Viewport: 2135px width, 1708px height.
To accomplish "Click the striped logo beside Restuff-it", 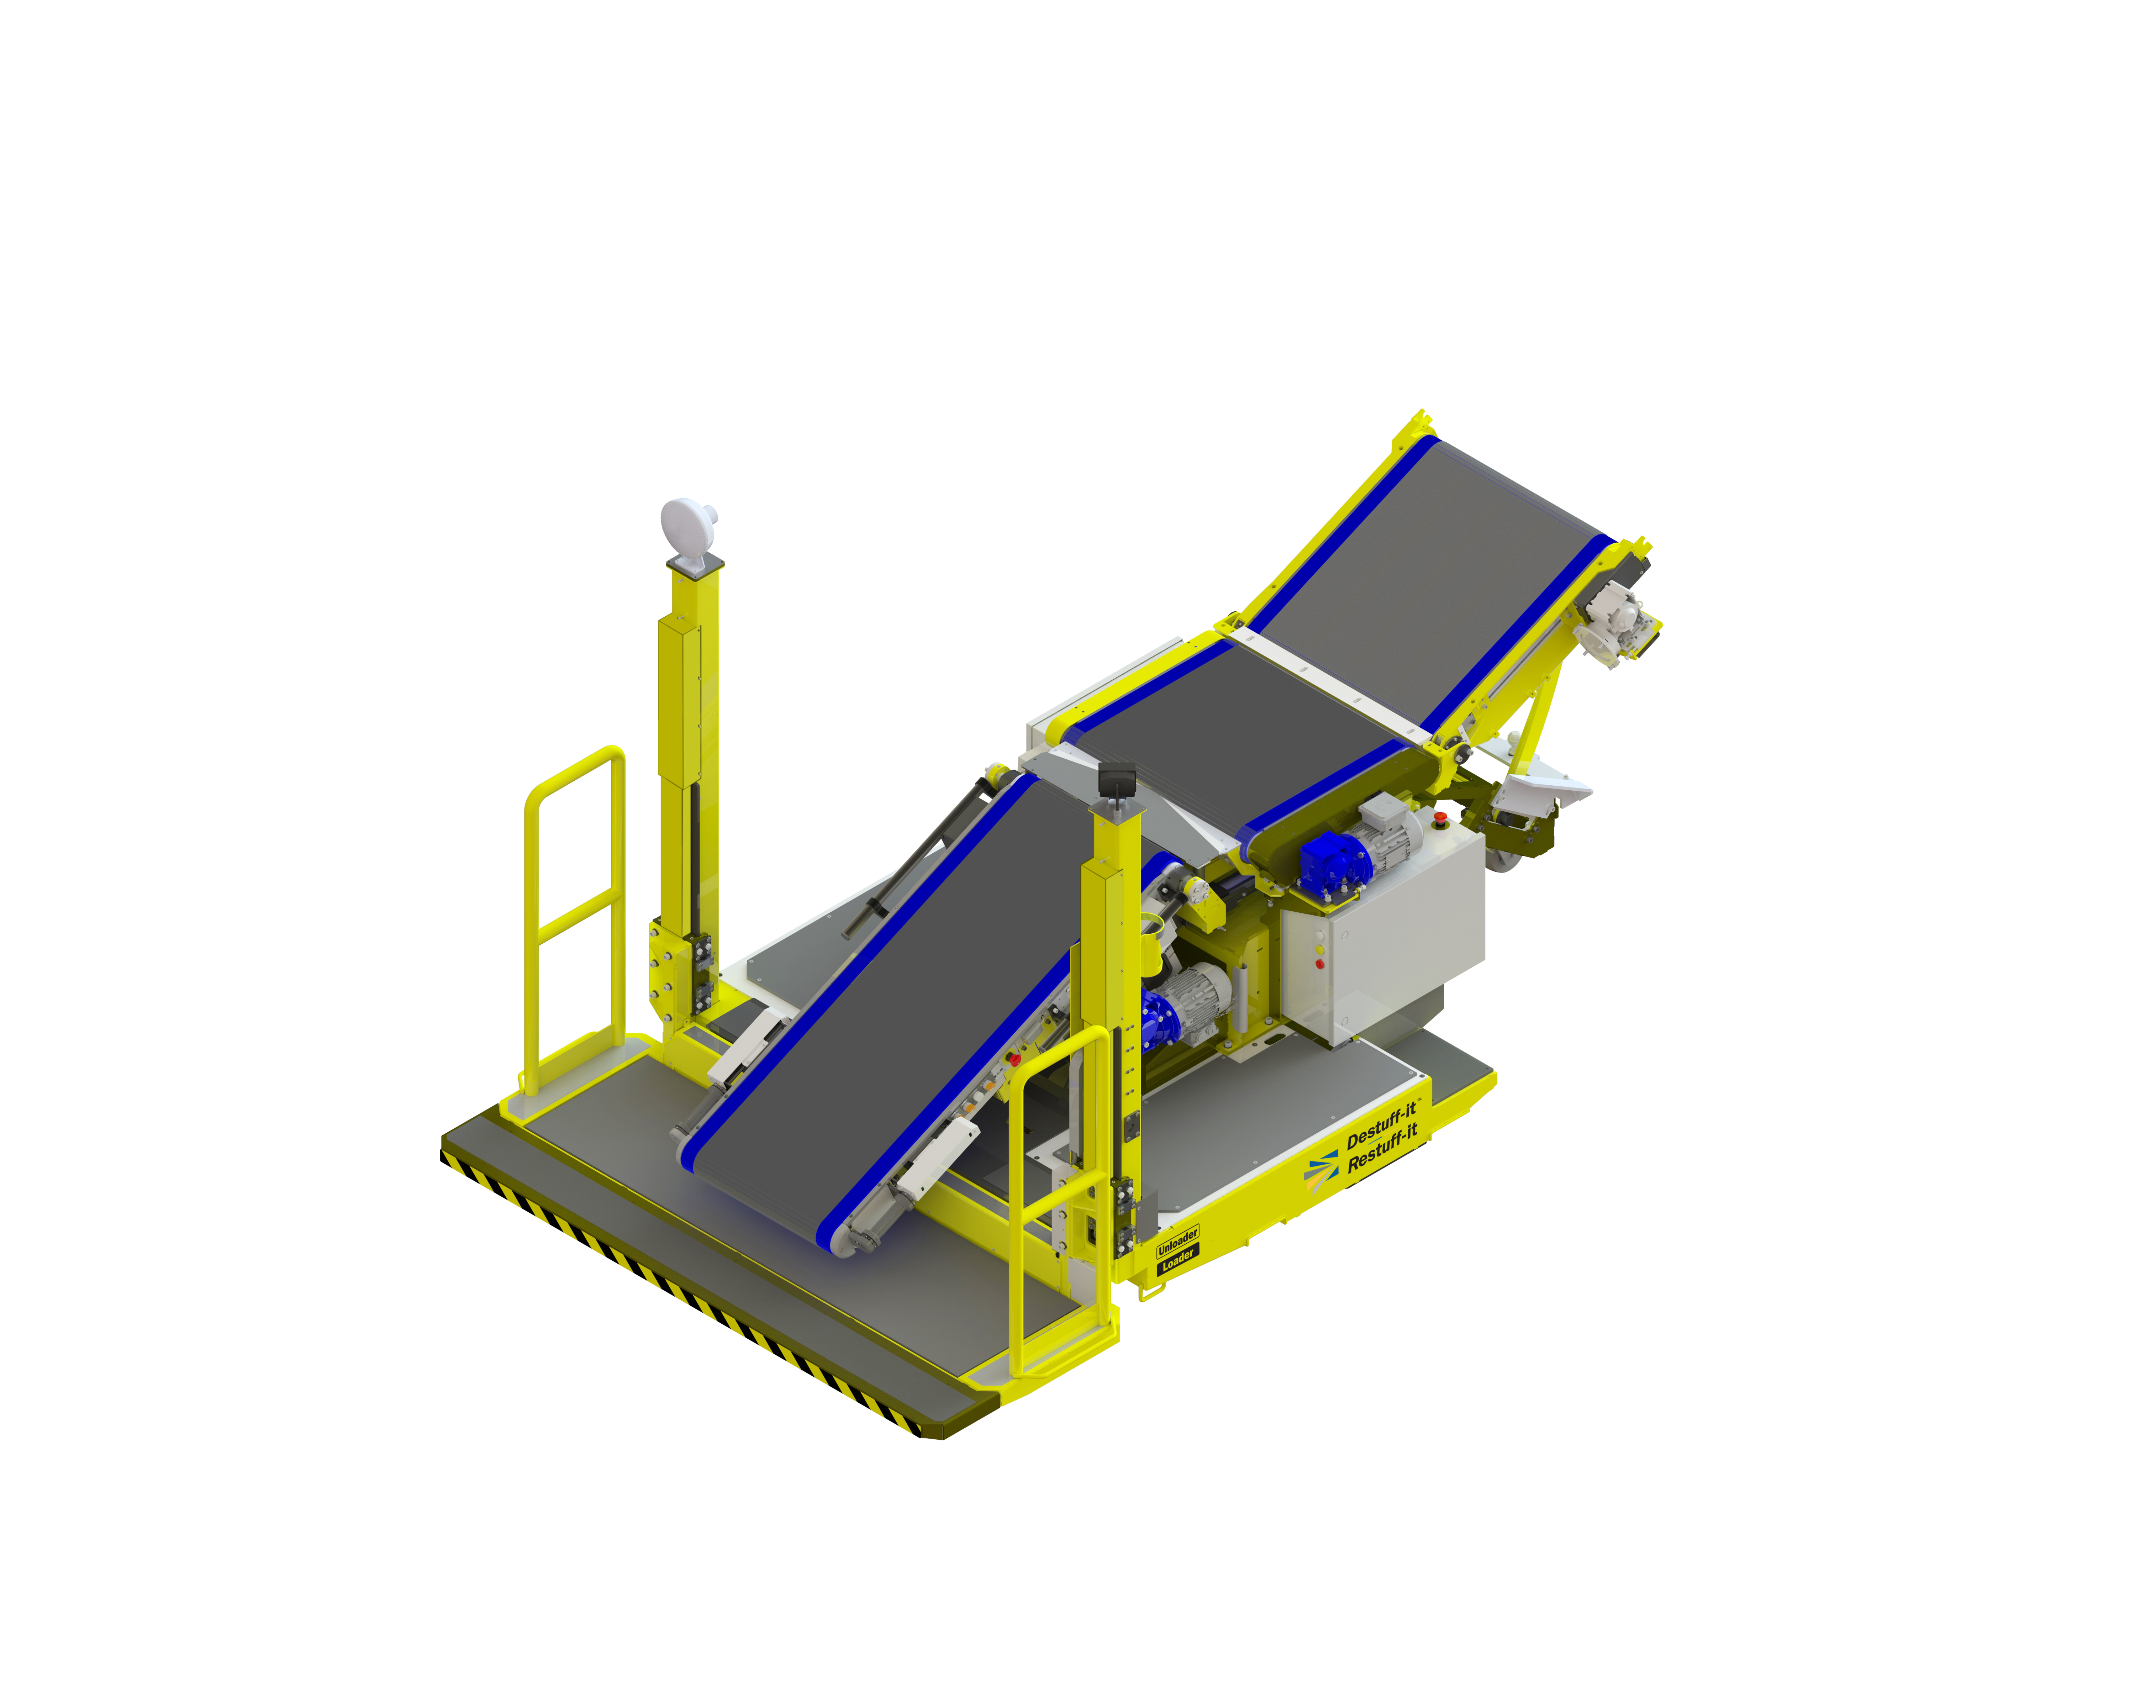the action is pos(1321,1171).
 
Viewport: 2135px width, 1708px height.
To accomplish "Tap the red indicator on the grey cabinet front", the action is pos(1319,963).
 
